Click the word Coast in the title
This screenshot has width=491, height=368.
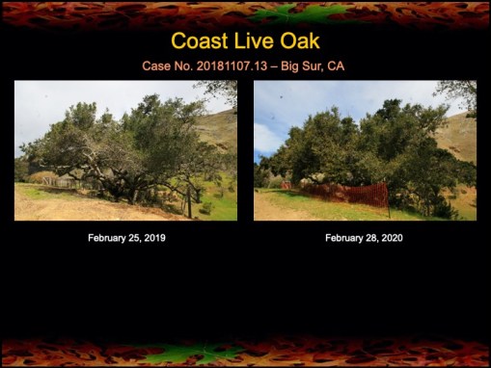coord(201,41)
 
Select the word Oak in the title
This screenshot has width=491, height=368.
coord(299,41)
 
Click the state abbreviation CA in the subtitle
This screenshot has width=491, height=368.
coord(337,66)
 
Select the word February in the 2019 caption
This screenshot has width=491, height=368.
coord(108,237)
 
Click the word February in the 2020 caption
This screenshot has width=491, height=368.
coord(346,237)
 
